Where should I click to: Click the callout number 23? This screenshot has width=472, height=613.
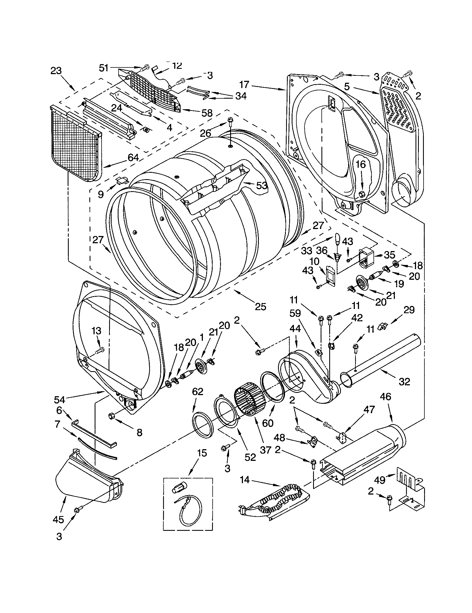56,70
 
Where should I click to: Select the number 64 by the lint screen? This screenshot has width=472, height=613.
133,157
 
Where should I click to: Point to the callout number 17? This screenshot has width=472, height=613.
244,84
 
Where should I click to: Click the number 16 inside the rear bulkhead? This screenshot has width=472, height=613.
361,164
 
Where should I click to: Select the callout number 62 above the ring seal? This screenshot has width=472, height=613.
198,391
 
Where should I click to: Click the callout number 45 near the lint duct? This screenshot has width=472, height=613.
58,520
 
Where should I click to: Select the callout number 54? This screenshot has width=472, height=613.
60,399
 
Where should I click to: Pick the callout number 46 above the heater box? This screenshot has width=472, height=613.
385,396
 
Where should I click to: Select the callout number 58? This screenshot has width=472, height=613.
206,113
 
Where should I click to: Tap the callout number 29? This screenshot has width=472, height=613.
409,310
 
